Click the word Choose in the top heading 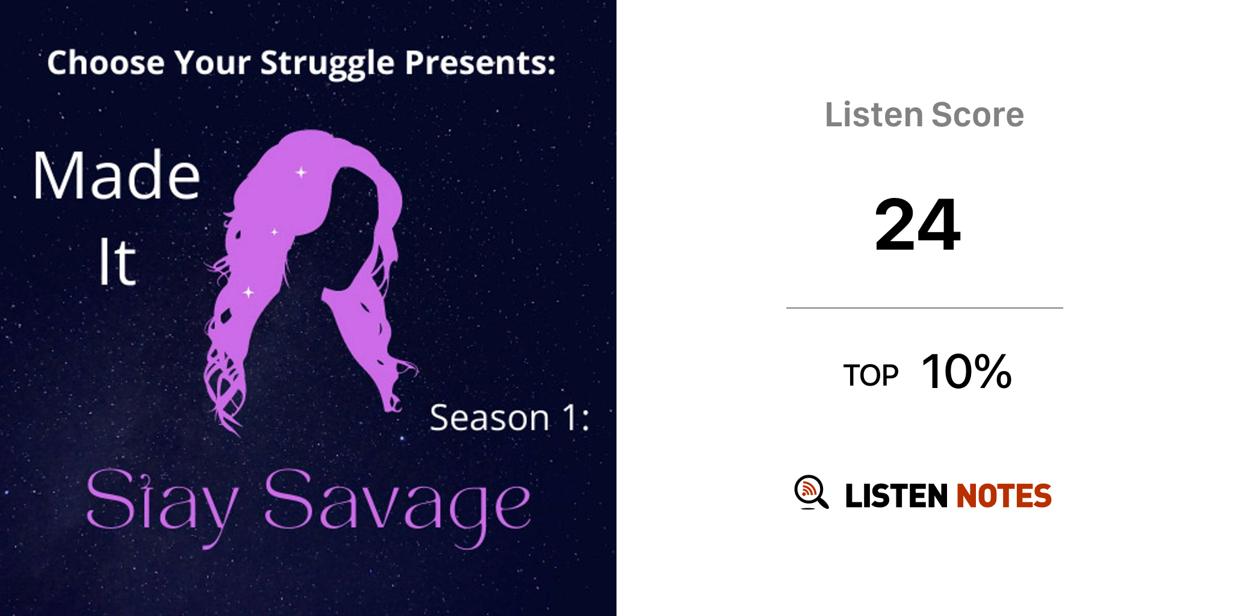click(x=106, y=63)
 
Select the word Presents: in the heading click(x=480, y=63)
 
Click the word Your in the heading click(x=212, y=63)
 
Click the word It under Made click(x=117, y=261)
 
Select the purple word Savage click(x=397, y=505)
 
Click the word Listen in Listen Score click(x=874, y=114)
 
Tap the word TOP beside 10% click(x=871, y=375)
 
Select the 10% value click(x=967, y=371)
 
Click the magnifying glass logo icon click(x=811, y=493)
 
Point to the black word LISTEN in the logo click(x=896, y=496)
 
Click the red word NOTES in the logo click(x=1004, y=496)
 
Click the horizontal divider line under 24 click(x=925, y=308)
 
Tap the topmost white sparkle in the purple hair click(x=301, y=173)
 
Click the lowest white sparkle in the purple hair click(x=248, y=292)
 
